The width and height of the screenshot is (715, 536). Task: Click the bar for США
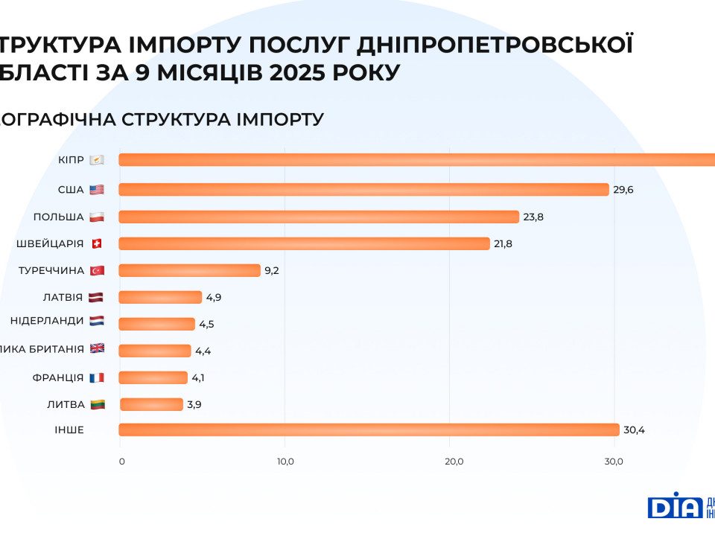coord(363,190)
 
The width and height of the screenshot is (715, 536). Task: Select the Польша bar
coord(319,217)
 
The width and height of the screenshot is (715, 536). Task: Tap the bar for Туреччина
coord(190,270)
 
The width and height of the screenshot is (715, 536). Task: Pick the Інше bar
coord(369,430)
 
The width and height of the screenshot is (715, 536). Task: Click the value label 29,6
coord(623,190)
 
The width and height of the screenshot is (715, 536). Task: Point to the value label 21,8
coord(503,243)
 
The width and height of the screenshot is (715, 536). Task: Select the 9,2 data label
coord(271,270)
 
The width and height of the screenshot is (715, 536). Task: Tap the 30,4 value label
coord(634,430)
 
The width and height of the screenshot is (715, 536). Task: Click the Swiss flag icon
coord(96,243)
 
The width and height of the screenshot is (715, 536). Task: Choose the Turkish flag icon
coord(96,270)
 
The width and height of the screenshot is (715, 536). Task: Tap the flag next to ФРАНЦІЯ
coord(96,377)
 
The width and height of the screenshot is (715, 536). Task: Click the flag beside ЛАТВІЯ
coord(96,297)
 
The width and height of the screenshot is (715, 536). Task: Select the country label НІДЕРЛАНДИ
coord(47,321)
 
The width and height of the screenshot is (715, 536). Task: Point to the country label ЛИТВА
coord(66,404)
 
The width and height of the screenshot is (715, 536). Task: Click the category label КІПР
coord(71,160)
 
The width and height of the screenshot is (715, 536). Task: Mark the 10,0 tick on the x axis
coord(285,462)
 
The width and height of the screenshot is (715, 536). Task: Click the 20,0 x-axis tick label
coord(454,462)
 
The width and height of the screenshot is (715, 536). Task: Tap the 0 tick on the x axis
coord(122,462)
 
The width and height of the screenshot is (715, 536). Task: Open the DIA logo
coord(675,505)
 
